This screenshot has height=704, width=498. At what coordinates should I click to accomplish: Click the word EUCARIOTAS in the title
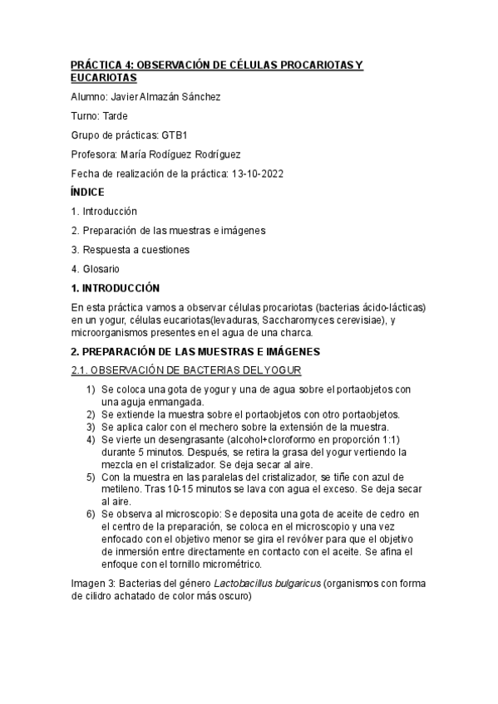coord(101,76)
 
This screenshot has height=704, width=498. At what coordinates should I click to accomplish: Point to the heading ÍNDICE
coord(87,192)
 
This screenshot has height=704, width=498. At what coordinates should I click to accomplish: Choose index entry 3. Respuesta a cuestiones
coord(131,250)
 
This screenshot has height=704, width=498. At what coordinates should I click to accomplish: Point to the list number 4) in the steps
coord(91,439)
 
